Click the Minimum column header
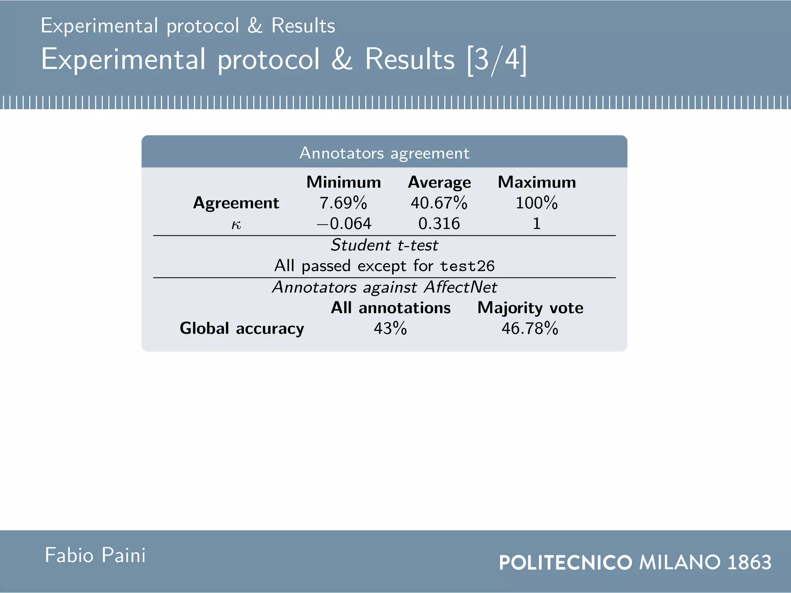343,182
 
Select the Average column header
439,182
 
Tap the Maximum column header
536,182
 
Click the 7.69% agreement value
343,203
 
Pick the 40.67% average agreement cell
439,203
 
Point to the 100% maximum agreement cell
536,203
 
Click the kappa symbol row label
236,224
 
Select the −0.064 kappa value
344,224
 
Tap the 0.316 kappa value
439,224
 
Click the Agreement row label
236,203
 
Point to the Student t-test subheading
384,245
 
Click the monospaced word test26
467,266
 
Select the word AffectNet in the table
460,287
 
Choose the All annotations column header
390,308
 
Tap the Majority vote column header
530,308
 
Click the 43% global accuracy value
390,329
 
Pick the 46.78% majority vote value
530,329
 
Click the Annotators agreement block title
384,153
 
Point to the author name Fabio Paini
95,556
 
